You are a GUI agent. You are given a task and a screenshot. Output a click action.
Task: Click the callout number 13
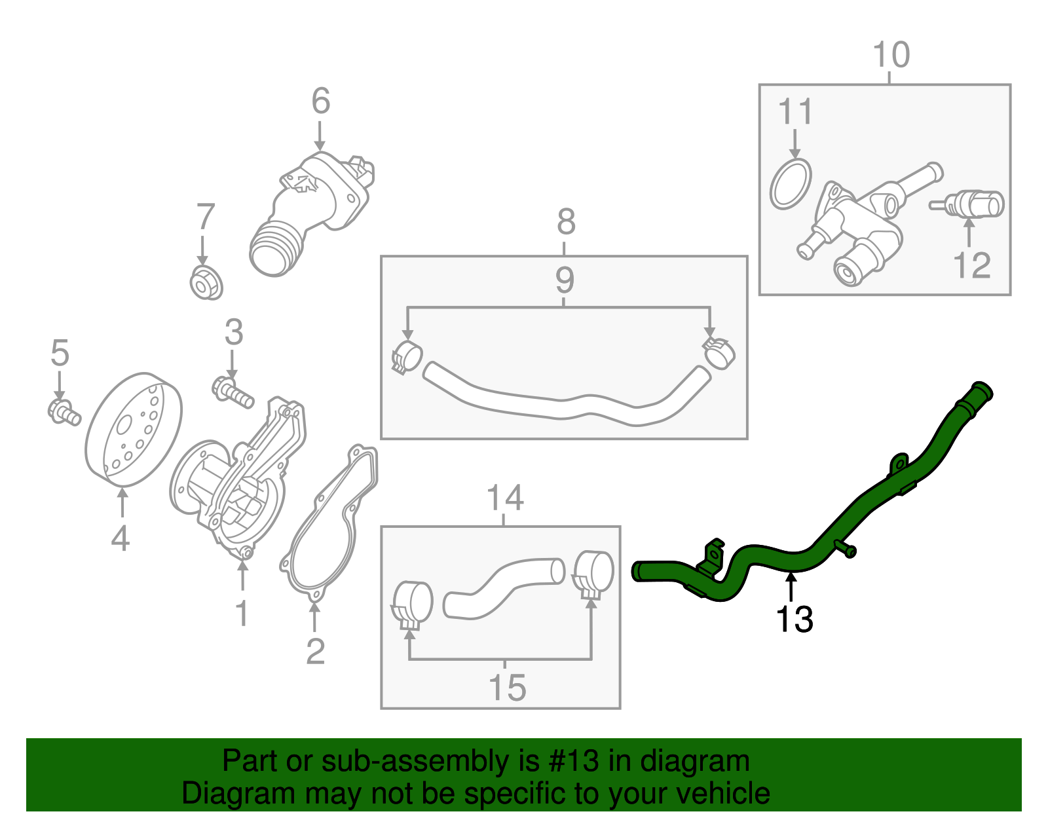[x=794, y=619]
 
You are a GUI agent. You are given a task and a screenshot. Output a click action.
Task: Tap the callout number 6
[x=320, y=102]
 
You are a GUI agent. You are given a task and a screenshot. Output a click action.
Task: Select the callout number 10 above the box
[x=891, y=56]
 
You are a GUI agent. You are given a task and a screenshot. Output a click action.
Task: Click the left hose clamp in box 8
[x=406, y=357]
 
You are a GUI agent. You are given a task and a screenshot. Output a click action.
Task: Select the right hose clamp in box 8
[x=719, y=351]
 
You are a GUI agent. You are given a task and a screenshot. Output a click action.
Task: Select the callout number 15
[x=507, y=688]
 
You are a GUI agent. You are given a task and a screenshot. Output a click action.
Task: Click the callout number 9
[x=564, y=280]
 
